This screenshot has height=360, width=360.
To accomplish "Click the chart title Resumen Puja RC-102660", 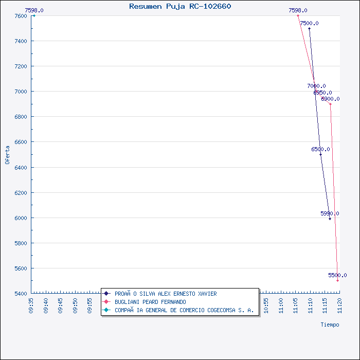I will pyautogui.click(x=180, y=6).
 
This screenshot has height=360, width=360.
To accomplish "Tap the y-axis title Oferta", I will pyautogui.click(x=7, y=154).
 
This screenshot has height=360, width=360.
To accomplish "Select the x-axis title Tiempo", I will pyautogui.click(x=330, y=325).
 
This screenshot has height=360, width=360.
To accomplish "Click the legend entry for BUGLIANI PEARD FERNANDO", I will pyautogui.click(x=150, y=302).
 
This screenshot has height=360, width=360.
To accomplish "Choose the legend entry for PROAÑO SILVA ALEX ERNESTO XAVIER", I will pyautogui.click(x=166, y=294).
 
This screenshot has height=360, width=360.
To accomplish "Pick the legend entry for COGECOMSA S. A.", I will pyautogui.click(x=184, y=310).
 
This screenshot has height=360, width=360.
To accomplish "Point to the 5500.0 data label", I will pyautogui.click(x=337, y=275).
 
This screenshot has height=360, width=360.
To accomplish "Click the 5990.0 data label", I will pyautogui.click(x=330, y=213).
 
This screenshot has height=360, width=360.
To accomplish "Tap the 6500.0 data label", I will pyautogui.click(x=320, y=149).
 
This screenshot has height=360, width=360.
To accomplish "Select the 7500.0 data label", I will pyautogui.click(x=309, y=23).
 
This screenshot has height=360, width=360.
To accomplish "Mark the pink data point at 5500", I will pyautogui.click(x=338, y=281).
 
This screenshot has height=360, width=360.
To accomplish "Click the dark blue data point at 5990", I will pyautogui.click(x=330, y=219).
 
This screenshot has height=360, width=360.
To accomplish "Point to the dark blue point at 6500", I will pyautogui.click(x=320, y=154).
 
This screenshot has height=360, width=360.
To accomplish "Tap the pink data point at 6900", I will pyautogui.click(x=330, y=104).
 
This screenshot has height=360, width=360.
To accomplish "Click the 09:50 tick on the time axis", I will pyautogui.click(x=75, y=304).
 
